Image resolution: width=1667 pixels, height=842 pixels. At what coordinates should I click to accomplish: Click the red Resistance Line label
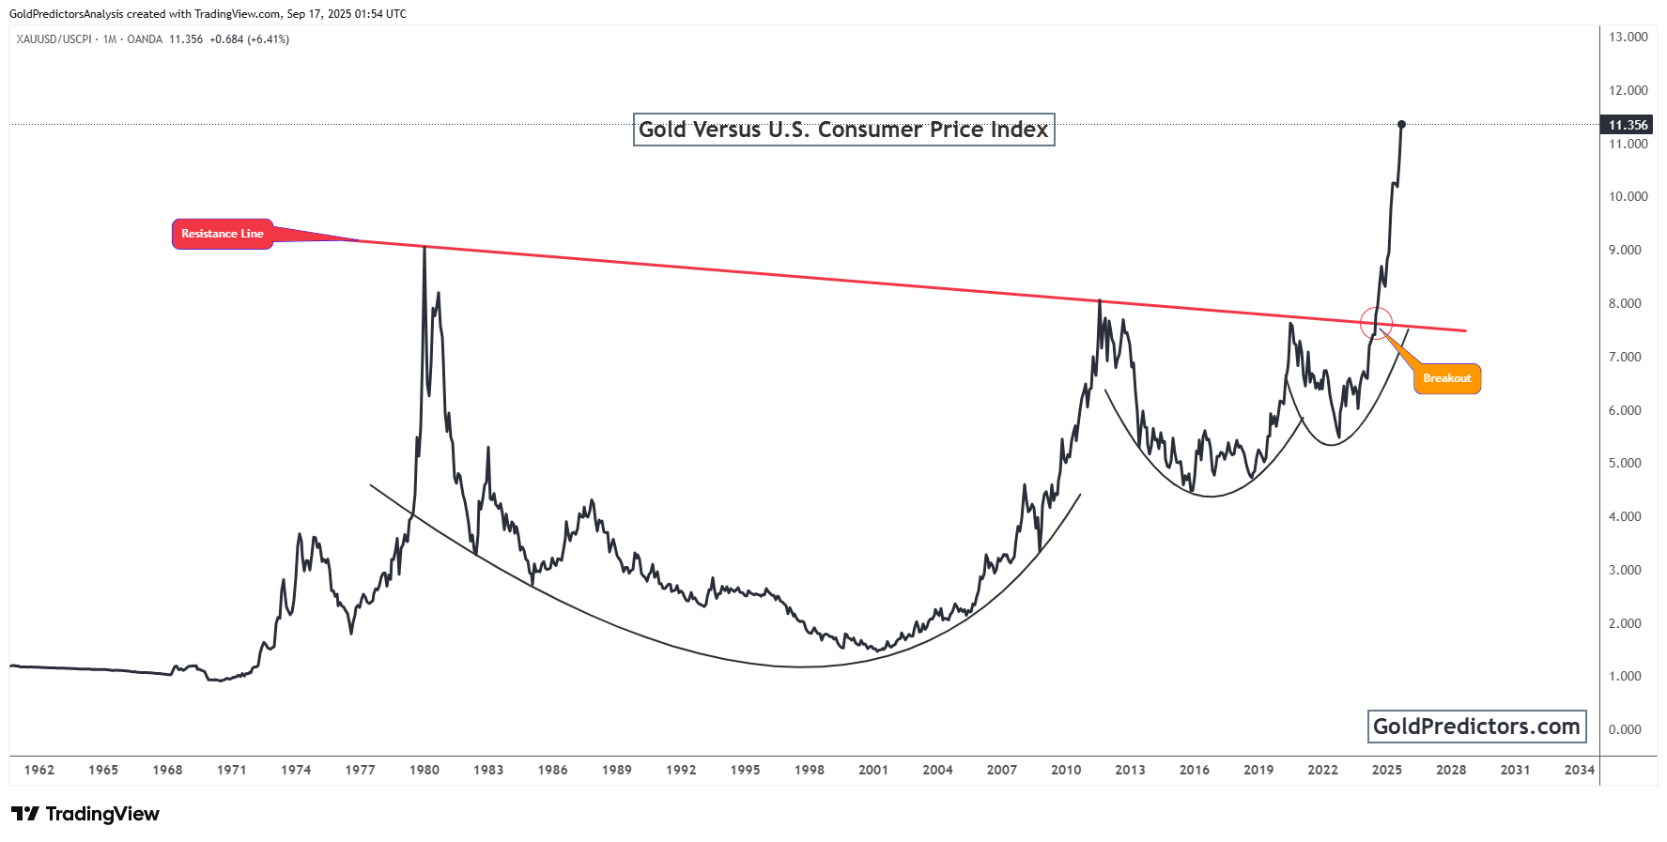click(223, 234)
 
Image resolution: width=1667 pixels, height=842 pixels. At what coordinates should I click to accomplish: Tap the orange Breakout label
click(1446, 378)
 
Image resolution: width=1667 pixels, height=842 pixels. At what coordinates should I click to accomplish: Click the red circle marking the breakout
click(1376, 323)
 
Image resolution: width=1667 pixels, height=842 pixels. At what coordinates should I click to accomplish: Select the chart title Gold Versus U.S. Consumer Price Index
click(843, 130)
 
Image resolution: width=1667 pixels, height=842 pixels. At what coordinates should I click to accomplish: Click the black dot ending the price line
click(1401, 124)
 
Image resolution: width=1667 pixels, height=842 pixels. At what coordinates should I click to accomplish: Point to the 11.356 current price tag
click(1628, 125)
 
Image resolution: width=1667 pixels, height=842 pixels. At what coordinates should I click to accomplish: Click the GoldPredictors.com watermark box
click(1476, 727)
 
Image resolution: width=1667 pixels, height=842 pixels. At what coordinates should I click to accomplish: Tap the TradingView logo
click(85, 814)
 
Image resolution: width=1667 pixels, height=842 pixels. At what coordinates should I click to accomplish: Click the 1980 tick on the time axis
click(424, 770)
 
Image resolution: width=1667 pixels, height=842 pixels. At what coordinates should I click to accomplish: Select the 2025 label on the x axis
click(1386, 770)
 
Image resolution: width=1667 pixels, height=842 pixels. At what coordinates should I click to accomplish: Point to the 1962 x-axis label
click(39, 770)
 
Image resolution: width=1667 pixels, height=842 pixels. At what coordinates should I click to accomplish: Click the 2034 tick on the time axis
click(1579, 770)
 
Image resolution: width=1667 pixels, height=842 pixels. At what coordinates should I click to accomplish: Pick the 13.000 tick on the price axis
click(1628, 38)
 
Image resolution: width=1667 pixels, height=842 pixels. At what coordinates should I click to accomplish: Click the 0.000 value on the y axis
click(1625, 729)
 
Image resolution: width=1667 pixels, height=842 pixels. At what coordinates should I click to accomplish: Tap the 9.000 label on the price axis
click(1625, 250)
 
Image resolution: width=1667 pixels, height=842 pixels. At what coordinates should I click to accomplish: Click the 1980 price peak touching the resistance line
click(424, 248)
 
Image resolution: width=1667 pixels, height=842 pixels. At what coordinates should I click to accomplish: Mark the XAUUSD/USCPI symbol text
click(54, 39)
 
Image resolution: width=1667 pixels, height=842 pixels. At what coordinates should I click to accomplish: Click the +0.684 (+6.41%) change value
click(249, 39)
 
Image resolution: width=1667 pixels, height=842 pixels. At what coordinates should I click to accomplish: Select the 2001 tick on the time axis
click(873, 770)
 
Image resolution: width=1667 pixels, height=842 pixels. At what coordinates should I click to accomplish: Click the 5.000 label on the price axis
click(1625, 463)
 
